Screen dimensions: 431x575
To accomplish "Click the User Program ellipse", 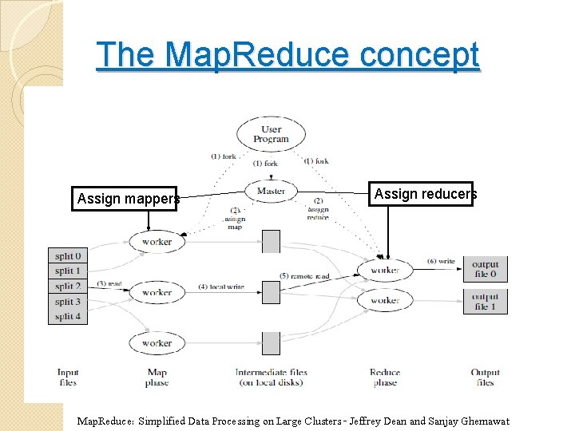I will (x=271, y=133).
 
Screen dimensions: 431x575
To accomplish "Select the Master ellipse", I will (x=271, y=192).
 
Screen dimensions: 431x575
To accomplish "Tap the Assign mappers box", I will (x=126, y=198).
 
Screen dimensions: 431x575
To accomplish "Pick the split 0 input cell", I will (x=68, y=256).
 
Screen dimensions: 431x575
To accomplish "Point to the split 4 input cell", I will (x=68, y=317).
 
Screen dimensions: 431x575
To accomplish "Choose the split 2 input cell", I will (x=68, y=287).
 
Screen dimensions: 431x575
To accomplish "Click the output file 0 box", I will (x=485, y=269).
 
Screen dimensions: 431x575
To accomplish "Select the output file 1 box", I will (x=485, y=301).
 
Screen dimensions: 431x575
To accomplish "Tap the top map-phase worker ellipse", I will (x=157, y=241).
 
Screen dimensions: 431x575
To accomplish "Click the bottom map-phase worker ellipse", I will (x=157, y=343).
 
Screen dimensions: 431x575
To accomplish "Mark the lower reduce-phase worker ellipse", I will (x=385, y=300).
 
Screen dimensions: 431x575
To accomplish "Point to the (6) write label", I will (x=440, y=261).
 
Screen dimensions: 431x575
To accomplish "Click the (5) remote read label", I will (x=303, y=276).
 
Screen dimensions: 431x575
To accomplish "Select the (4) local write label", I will (x=221, y=287).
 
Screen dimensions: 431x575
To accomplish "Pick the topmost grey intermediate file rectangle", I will (x=272, y=241).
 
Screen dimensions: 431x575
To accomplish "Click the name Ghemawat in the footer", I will (x=478, y=421).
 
